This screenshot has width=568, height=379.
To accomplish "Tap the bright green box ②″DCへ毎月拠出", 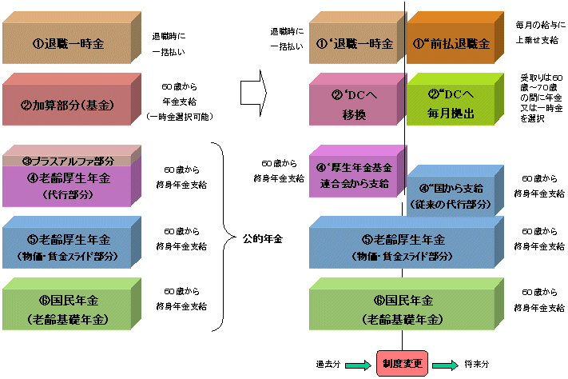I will point(452,103).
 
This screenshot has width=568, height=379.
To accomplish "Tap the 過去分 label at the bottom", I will point(328,364).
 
